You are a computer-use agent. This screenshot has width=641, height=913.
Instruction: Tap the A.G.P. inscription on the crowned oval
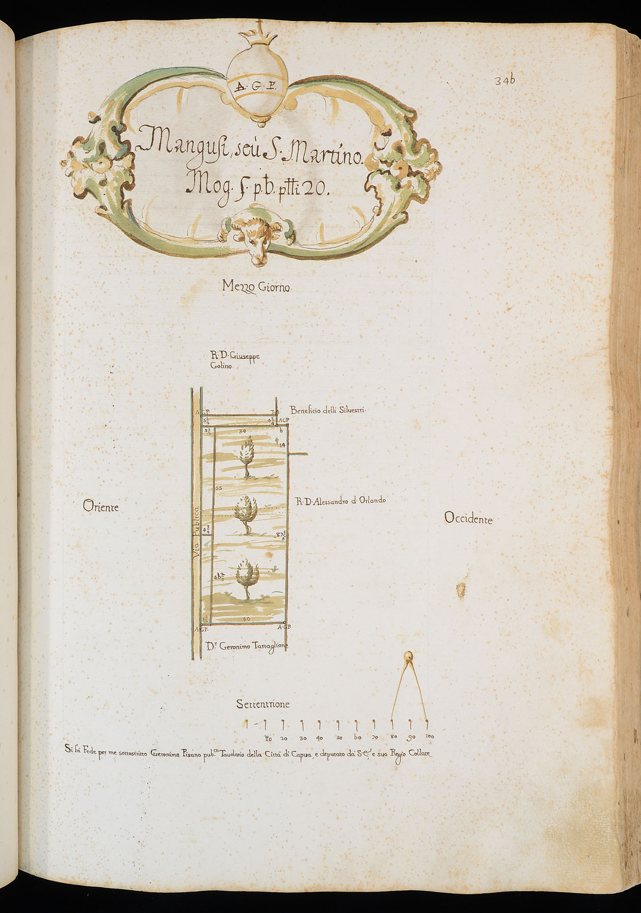[x=256, y=86]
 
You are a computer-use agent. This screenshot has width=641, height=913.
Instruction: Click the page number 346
[x=505, y=80]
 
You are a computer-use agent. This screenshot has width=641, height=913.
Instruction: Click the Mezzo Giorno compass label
[x=257, y=288]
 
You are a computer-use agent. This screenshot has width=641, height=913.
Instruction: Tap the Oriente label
[x=100, y=507]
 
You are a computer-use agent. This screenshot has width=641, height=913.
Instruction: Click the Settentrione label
[x=263, y=704]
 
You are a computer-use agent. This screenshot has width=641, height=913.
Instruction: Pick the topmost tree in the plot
[x=247, y=455]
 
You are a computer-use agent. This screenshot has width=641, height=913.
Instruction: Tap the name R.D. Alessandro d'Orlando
[x=341, y=500]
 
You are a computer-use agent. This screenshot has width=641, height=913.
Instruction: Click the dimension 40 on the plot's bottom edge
[x=246, y=619]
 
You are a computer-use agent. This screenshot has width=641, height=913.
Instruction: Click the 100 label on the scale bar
[x=429, y=737]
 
